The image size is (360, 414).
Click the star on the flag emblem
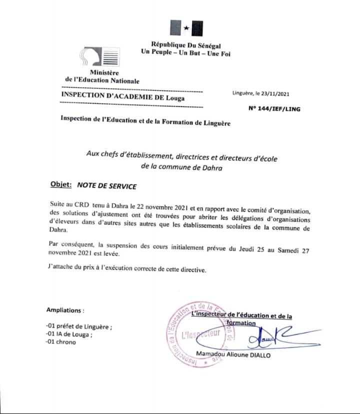[186, 28]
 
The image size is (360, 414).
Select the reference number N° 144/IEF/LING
[274, 108]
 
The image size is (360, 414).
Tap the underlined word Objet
[61, 184]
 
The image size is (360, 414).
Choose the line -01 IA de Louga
[70, 334]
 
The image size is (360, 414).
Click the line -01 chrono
[61, 342]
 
